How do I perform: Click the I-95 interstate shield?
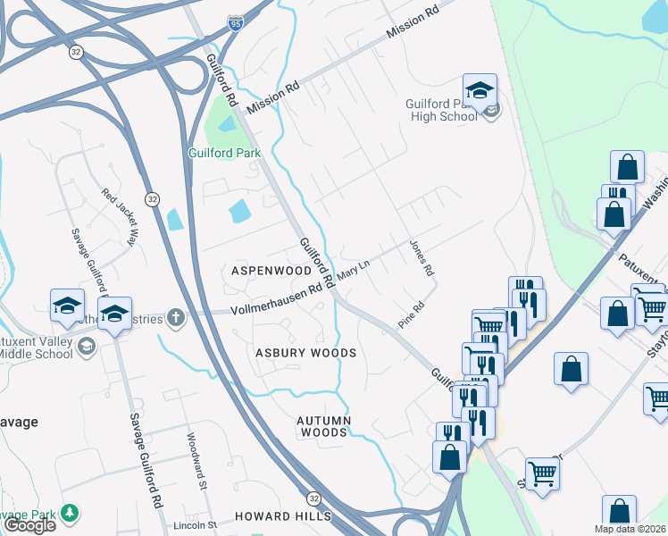235,21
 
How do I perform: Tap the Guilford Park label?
224,153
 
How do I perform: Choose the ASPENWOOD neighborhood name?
271,270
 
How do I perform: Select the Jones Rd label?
421,257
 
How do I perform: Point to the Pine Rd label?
410,319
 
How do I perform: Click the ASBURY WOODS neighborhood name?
306,353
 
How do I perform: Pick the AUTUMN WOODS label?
324,426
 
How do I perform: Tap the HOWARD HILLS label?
282,516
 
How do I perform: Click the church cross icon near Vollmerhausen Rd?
177,317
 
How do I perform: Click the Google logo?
29,526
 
